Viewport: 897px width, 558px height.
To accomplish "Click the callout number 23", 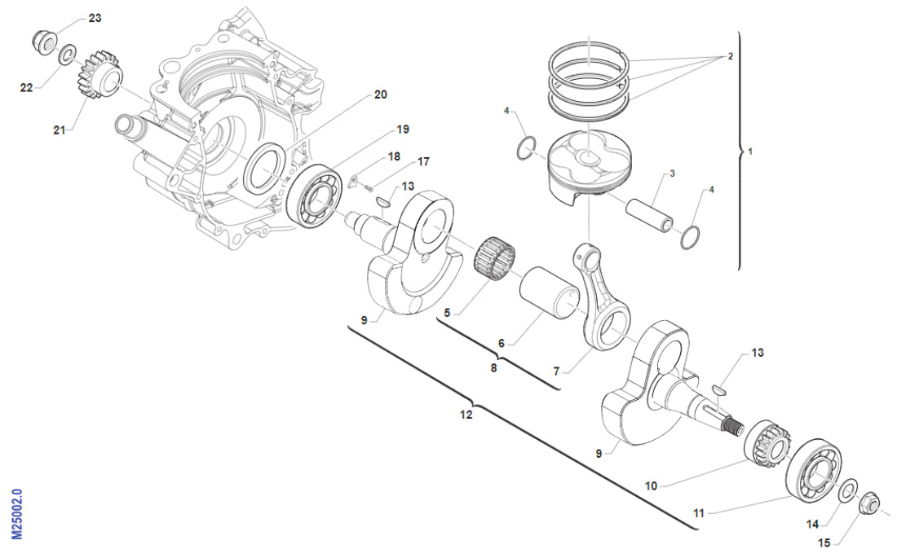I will [95, 18].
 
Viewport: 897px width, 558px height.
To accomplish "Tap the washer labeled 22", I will [68, 55].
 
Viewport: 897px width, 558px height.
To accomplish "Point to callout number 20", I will [380, 94].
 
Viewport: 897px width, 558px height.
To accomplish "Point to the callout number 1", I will [751, 152].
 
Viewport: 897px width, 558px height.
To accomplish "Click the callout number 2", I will [730, 57].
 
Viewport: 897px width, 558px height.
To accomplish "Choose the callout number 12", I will [466, 414].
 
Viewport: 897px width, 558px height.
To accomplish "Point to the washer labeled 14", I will [847, 489].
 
